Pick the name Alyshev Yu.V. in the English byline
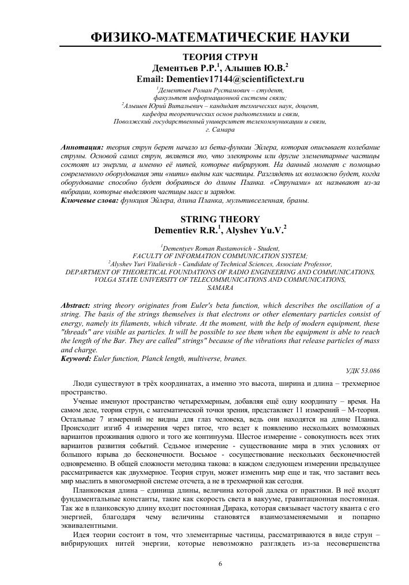pos(258,230)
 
